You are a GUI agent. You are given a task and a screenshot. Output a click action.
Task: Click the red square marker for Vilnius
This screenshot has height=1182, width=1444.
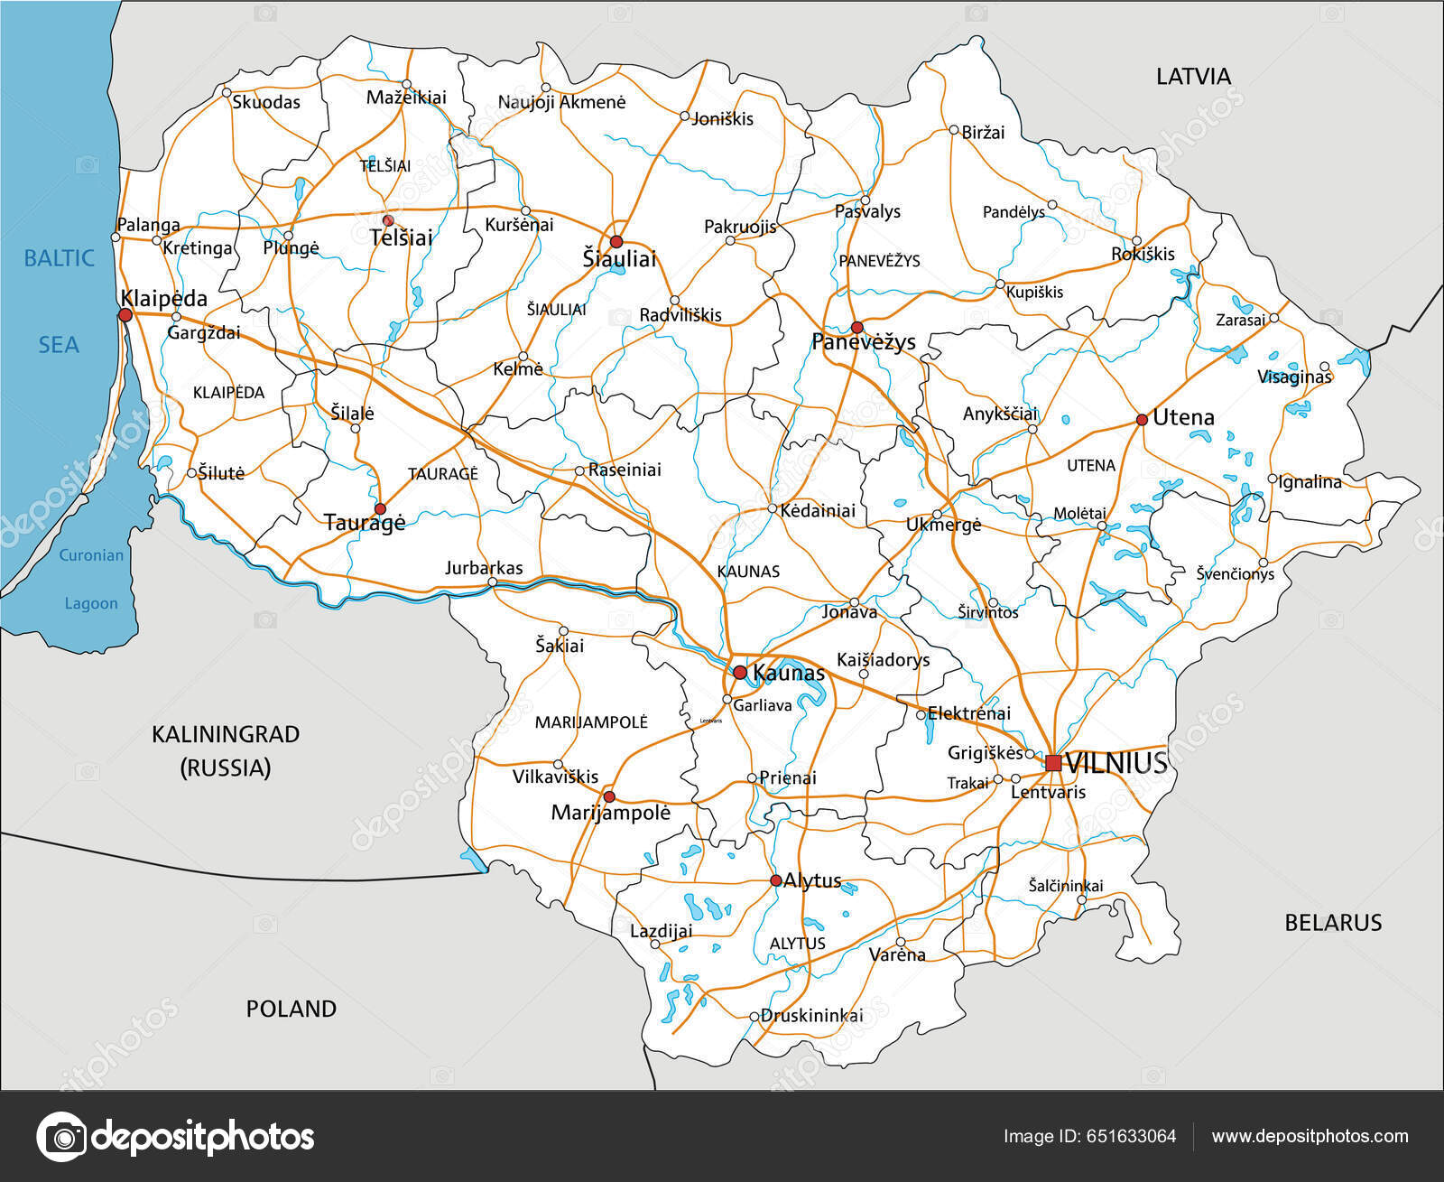[1053, 763]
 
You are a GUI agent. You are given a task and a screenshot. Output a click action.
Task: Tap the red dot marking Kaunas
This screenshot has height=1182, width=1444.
[740, 672]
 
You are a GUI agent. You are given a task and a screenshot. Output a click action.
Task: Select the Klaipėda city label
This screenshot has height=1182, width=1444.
[163, 298]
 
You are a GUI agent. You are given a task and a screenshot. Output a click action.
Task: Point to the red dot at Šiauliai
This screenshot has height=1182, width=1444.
[616, 241]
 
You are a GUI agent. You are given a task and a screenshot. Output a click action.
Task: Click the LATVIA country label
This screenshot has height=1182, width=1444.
[1193, 77]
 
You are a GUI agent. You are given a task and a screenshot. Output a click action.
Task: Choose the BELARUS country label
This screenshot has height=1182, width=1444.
[1333, 922]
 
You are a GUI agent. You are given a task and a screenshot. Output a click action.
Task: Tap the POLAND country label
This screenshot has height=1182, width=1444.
[291, 1009]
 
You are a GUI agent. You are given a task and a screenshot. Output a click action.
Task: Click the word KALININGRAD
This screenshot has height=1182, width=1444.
[226, 734]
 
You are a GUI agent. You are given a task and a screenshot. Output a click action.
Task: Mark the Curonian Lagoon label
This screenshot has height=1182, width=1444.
[91, 579]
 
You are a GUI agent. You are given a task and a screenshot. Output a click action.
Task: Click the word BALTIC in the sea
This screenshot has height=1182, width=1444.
[59, 258]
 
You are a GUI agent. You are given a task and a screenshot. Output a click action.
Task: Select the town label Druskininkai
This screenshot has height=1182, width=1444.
[811, 1015]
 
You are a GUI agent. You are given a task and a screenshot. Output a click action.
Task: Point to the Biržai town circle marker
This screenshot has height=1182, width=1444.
[953, 130]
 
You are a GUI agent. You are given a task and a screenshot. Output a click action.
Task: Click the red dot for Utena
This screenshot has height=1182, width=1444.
[1142, 419]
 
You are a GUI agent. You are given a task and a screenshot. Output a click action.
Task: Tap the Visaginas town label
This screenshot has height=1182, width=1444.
[1294, 377]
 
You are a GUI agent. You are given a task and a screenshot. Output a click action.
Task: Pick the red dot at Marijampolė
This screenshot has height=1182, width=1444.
[609, 796]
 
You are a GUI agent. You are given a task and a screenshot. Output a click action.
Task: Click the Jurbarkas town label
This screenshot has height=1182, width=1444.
[484, 568]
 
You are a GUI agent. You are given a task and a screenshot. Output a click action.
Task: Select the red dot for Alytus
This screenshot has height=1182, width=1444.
[775, 880]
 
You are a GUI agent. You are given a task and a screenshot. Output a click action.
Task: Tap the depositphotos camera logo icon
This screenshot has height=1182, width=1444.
[61, 1136]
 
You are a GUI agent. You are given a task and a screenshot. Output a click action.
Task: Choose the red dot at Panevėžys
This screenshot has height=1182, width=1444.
[856, 327]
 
